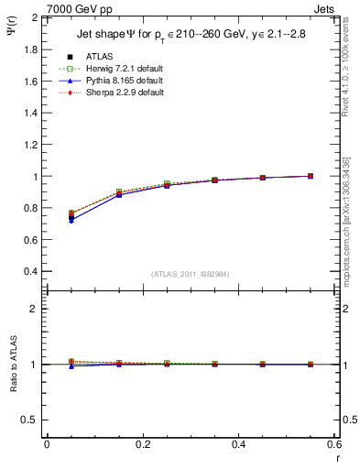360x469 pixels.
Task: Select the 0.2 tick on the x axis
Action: pos(142,444)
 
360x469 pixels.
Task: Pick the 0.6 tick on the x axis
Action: pos(333,444)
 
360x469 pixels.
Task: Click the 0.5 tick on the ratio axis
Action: pos(32,420)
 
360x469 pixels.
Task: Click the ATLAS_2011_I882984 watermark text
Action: pos(189,274)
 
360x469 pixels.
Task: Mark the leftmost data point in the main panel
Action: pos(71,217)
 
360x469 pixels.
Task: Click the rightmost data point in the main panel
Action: pos(311,176)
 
